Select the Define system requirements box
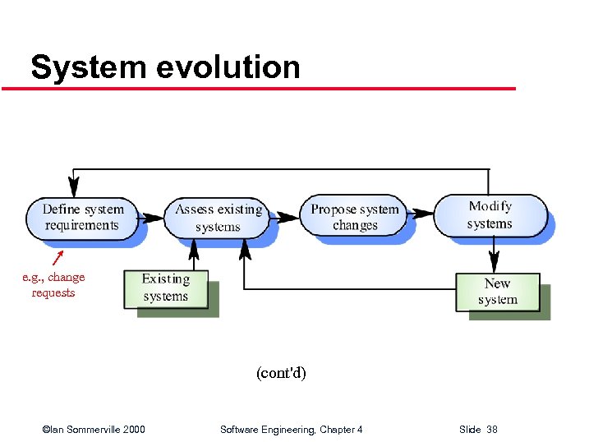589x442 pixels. click(x=81, y=217)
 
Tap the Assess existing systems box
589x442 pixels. click(x=218, y=218)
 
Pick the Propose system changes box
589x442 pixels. click(x=355, y=217)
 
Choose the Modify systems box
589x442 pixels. click(x=490, y=214)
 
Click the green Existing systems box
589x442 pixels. click(x=165, y=288)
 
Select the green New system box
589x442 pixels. click(x=498, y=292)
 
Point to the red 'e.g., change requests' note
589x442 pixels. click(x=53, y=284)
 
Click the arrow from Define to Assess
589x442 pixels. click(x=151, y=218)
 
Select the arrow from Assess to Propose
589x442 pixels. click(x=285, y=218)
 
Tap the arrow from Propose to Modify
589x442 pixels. click(x=420, y=214)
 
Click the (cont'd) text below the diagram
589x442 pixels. click(x=281, y=373)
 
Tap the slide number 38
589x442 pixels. click(x=491, y=430)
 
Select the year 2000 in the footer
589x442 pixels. click(x=133, y=430)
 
